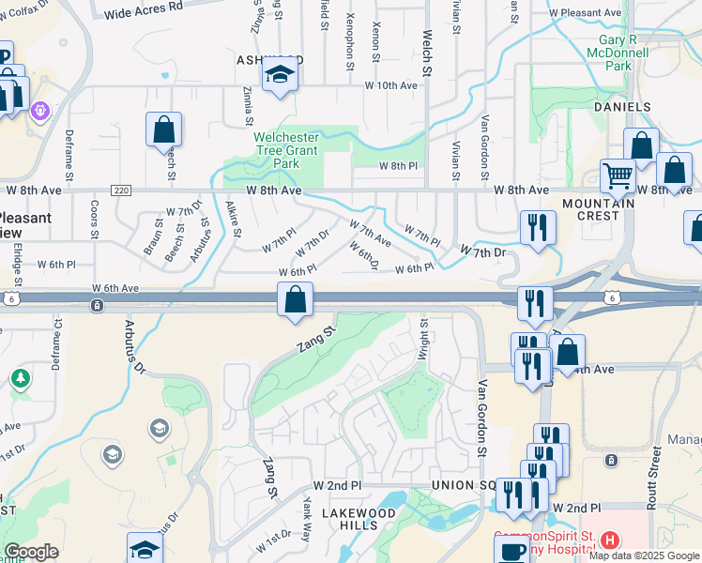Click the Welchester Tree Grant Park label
pos(286,150)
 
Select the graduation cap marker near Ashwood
pos(279,75)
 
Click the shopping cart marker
pos(618,175)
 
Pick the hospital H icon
pos(610,540)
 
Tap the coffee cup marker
pos(512,551)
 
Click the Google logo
pos(31,552)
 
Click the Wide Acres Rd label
pos(144,12)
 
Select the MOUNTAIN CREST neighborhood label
pos(591,209)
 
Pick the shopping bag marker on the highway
pos(296,301)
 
